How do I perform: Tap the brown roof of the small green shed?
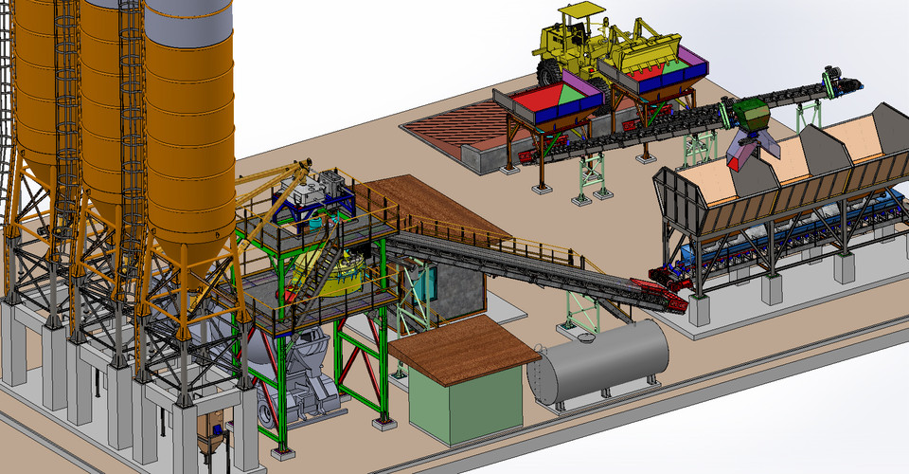coord(464,342)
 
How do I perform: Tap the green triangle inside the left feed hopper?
coord(574,95)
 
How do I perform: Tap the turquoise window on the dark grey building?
coord(424,284)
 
